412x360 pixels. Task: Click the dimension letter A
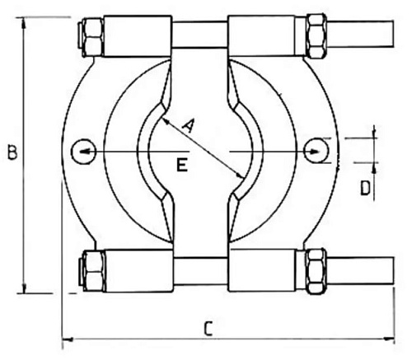coord(189,126)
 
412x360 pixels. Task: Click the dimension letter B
coord(12,152)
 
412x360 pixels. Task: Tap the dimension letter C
coord(208,328)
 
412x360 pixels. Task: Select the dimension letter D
coord(365,189)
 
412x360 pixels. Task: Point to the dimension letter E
coord(182,165)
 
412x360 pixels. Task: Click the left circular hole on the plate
coord(83,152)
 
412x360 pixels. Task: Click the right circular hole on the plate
coord(316,151)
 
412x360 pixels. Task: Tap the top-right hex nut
coord(316,35)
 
